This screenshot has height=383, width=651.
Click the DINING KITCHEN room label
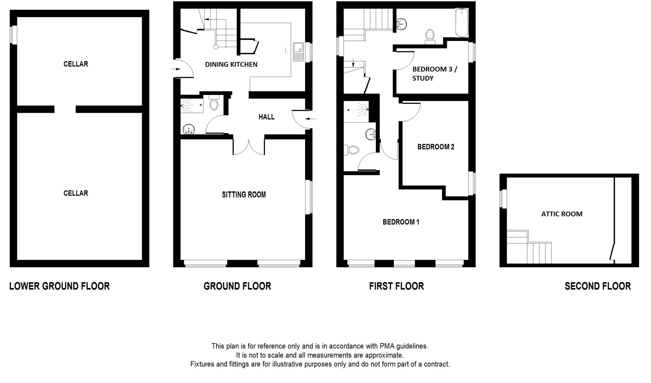[x=231, y=64]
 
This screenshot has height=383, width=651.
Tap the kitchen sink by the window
[x=298, y=52]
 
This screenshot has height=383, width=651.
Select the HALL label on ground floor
[x=266, y=117]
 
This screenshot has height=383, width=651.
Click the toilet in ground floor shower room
[x=214, y=103]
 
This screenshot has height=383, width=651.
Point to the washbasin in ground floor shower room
[x=189, y=129]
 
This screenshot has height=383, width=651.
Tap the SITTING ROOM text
[x=243, y=195]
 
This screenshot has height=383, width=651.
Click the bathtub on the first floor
[x=461, y=23]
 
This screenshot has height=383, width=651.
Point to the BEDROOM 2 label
[x=435, y=147]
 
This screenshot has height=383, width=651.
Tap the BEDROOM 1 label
[x=401, y=222]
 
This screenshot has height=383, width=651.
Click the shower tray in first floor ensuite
[x=356, y=112]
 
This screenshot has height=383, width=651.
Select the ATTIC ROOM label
[x=562, y=214]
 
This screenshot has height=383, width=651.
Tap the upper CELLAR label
[x=76, y=64]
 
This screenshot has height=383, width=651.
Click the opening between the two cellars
[x=65, y=109]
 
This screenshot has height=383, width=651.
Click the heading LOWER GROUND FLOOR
[x=59, y=286]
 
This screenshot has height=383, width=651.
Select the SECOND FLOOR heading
[x=598, y=286]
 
